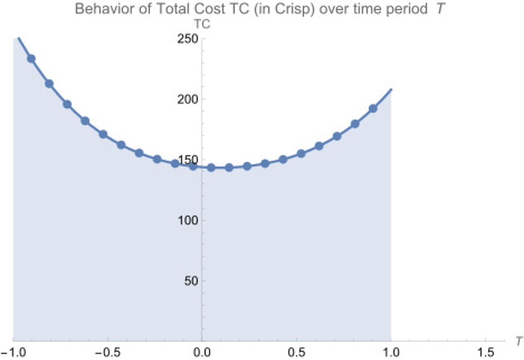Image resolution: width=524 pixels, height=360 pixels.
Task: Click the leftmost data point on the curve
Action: coord(31,58)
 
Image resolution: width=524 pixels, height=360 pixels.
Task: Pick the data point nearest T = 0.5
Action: coord(301,153)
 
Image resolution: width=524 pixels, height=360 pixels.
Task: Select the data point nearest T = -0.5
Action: coord(103,134)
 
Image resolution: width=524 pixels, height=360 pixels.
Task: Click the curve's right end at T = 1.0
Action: coord(391,89)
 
